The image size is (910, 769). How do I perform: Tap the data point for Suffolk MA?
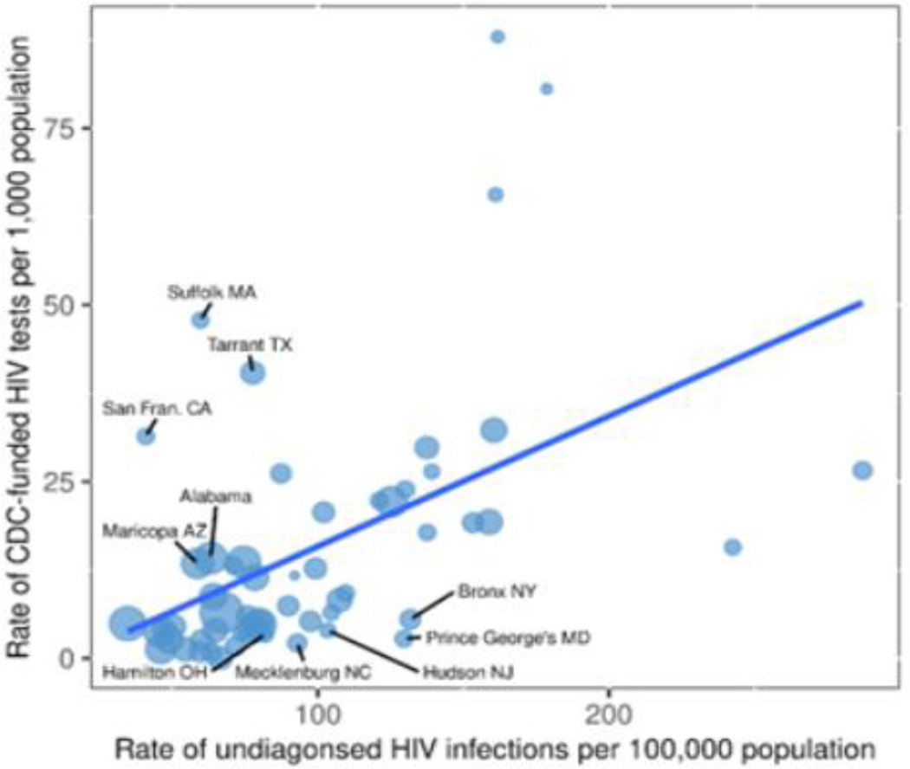tap(200, 320)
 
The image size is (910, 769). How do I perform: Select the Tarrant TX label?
tap(250, 345)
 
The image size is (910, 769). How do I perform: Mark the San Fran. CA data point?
tap(146, 436)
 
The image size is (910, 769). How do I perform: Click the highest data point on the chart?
tap(497, 36)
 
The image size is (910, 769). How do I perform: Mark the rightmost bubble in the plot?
tap(862, 470)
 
